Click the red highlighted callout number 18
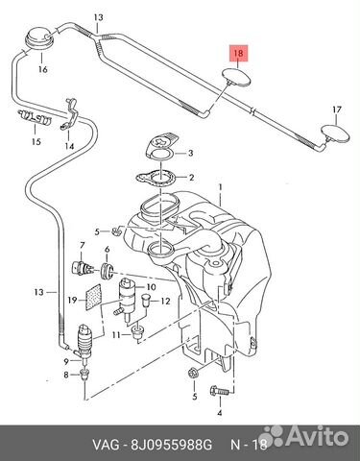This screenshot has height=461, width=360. [x=239, y=53]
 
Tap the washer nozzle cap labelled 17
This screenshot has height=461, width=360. [x=335, y=133]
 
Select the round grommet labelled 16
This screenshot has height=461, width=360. [x=39, y=38]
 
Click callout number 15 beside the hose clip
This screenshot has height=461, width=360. [x=36, y=141]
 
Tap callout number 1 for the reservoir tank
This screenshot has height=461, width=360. [x=220, y=186]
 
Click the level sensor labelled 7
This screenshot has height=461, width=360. [x=83, y=268]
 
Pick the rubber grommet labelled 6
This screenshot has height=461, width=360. [x=108, y=270]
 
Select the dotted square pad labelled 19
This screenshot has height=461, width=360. [x=94, y=297]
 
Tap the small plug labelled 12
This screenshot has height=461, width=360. [x=146, y=300]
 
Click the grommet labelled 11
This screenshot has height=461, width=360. [x=138, y=334]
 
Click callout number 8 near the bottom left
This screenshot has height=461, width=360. [x=66, y=375]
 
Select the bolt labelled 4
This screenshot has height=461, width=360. [x=220, y=391]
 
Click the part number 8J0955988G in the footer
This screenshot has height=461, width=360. [x=171, y=445]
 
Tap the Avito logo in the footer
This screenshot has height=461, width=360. [x=303, y=435]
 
